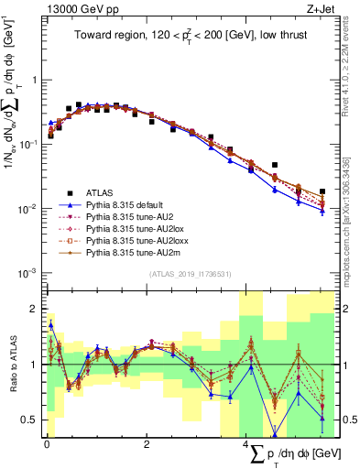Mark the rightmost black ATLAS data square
322,191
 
